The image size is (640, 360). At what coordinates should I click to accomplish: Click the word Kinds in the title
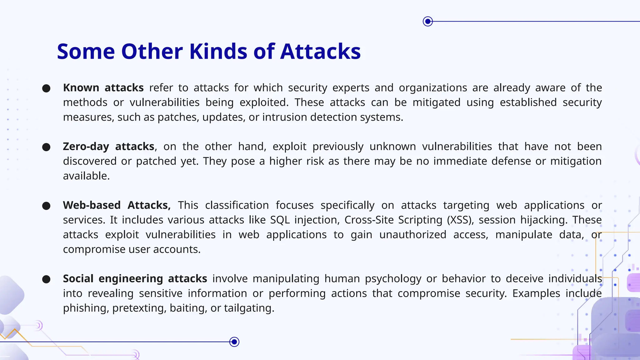pos(218,51)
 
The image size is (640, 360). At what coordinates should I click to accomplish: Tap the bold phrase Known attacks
pos(103,88)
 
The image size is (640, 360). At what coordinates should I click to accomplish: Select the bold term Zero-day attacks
pos(108,147)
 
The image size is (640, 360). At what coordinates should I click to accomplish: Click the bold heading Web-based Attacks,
pos(117,205)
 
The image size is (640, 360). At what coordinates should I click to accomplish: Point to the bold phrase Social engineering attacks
pos(135,279)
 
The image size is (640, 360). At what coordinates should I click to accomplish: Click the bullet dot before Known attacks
pos(46,88)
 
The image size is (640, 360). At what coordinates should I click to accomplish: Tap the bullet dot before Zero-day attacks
pos(46,147)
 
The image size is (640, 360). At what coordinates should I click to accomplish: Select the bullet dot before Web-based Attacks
pos(46,206)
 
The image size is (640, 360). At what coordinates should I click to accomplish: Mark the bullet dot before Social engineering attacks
pos(46,279)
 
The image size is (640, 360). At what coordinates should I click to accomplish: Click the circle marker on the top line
pos(427,21)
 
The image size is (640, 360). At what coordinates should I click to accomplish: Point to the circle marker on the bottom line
pos(234,342)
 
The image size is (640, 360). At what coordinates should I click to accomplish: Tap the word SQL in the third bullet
pos(280,220)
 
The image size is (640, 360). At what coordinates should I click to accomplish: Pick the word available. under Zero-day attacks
pos(86,176)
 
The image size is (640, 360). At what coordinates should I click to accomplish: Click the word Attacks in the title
pos(320,51)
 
